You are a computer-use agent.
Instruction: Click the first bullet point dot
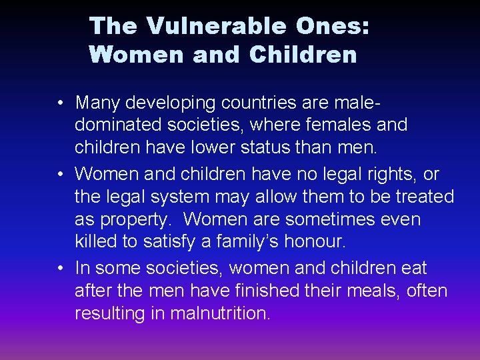tap(61, 103)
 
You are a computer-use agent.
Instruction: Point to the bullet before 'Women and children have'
tap(61, 175)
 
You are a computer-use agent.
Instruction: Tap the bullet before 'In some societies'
tap(61, 269)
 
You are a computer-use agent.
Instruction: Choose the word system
tap(198, 197)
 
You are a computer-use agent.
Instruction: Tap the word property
tap(137, 220)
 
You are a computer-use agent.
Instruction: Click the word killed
tap(96, 243)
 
